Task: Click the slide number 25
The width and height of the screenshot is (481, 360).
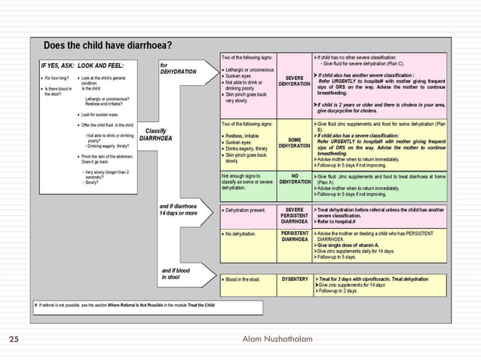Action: point(14,340)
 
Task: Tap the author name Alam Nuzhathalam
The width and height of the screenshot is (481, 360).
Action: point(278,340)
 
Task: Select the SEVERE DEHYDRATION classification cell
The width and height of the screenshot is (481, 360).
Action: point(294,81)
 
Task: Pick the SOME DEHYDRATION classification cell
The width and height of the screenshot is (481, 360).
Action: point(294,143)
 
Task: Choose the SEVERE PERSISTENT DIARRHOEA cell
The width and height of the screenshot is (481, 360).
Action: point(294,214)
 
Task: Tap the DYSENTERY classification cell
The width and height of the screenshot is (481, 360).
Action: point(294,279)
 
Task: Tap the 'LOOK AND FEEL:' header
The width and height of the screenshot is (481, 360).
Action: point(105,65)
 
